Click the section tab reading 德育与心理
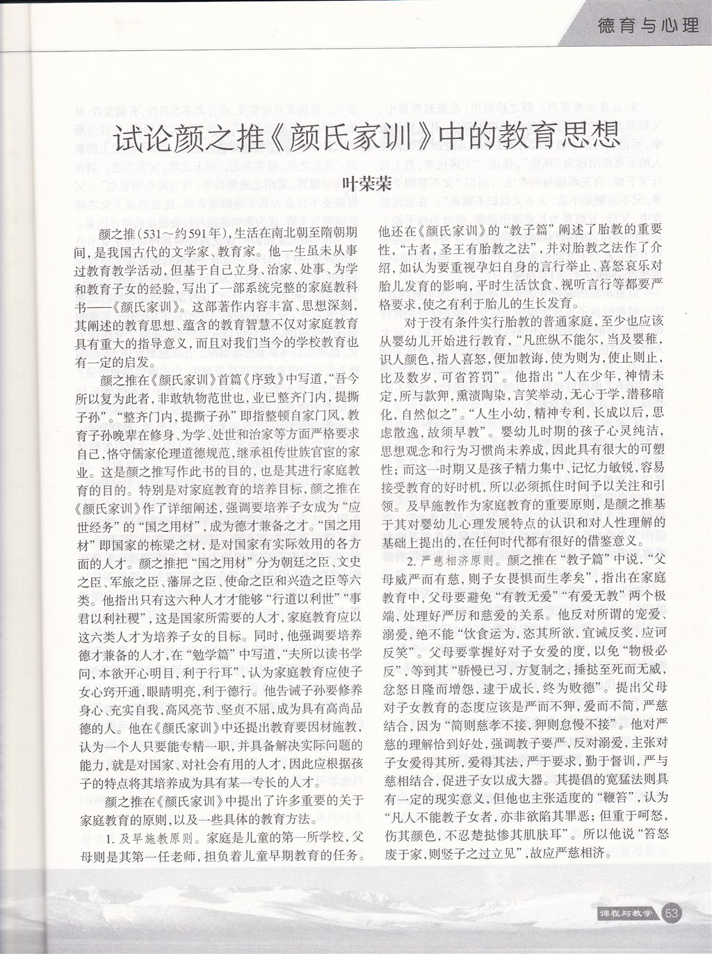[647, 26]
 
